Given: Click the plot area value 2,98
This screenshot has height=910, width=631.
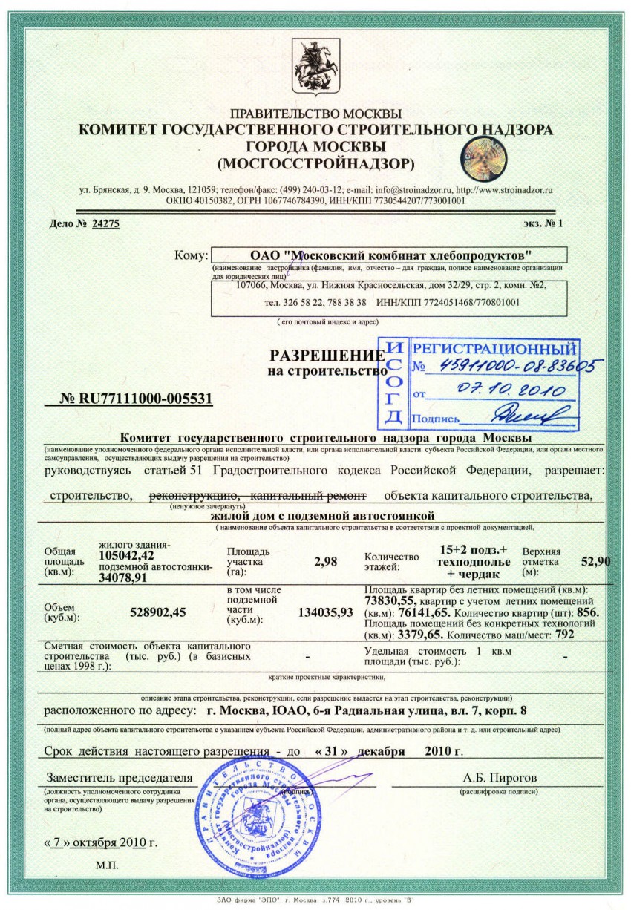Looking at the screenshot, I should pyautogui.click(x=326, y=562).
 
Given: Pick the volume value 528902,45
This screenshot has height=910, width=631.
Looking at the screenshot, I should pyautogui.click(x=157, y=612).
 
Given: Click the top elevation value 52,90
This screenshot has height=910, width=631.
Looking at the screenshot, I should pyautogui.click(x=596, y=562).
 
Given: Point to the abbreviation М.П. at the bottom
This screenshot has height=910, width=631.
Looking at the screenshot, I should pyautogui.click(x=107, y=866).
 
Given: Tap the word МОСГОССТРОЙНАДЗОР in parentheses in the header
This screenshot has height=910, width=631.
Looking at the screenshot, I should pyautogui.click(x=315, y=162).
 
